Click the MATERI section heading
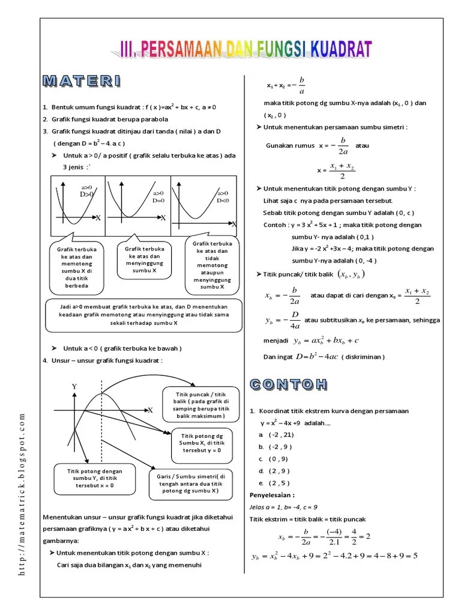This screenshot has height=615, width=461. click(82, 81)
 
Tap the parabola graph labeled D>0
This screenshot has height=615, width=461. click(77, 205)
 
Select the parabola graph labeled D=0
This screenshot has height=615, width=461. click(137, 205)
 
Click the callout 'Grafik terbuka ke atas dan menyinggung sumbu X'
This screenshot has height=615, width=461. click(145, 260)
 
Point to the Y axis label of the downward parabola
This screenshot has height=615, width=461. click(75, 387)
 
